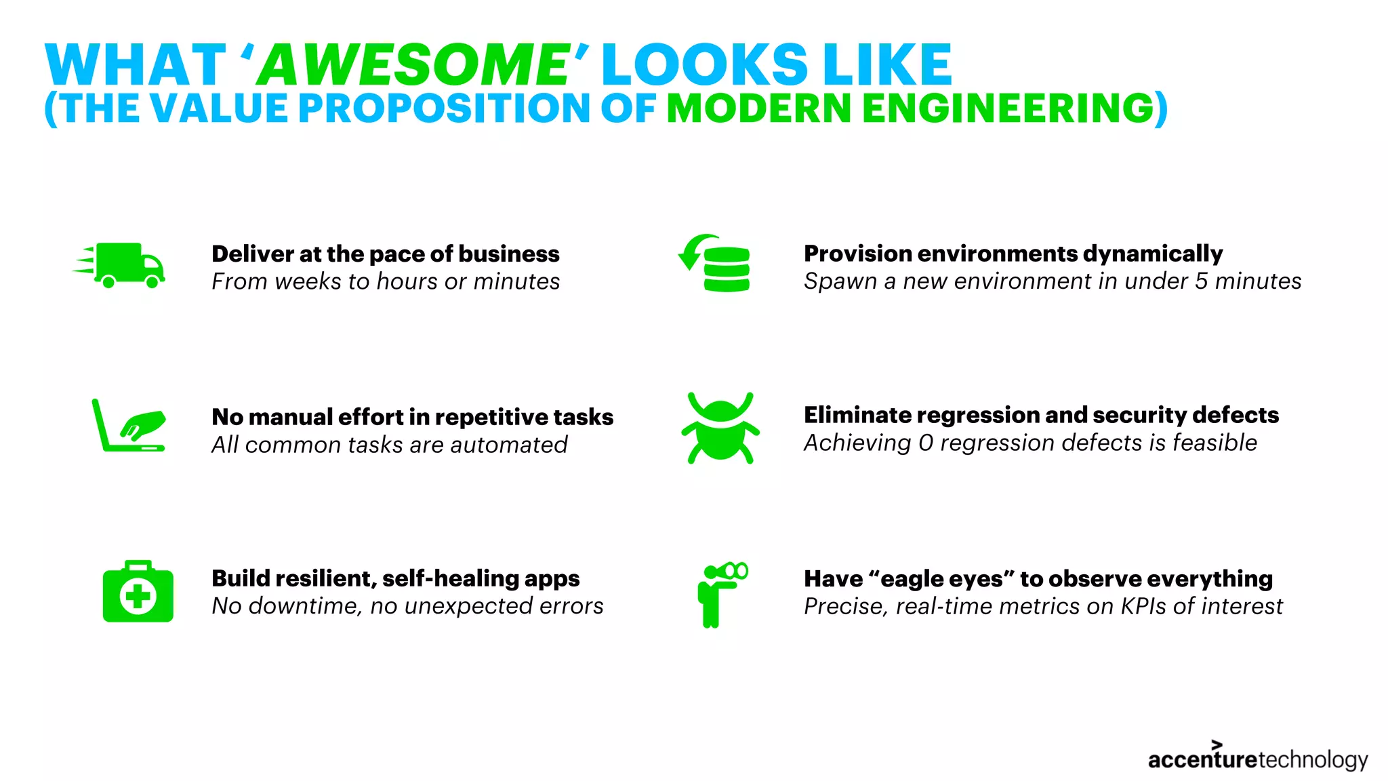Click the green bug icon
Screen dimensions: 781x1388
[720, 428]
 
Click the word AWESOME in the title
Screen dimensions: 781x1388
[414, 65]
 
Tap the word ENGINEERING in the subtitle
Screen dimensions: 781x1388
[1008, 108]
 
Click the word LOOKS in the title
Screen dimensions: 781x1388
[705, 65]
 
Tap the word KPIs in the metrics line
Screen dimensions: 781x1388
[1143, 606]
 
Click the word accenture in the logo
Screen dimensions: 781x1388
[1202, 760]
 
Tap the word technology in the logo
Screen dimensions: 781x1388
[1312, 760]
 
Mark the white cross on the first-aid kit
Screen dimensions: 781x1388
[138, 597]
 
